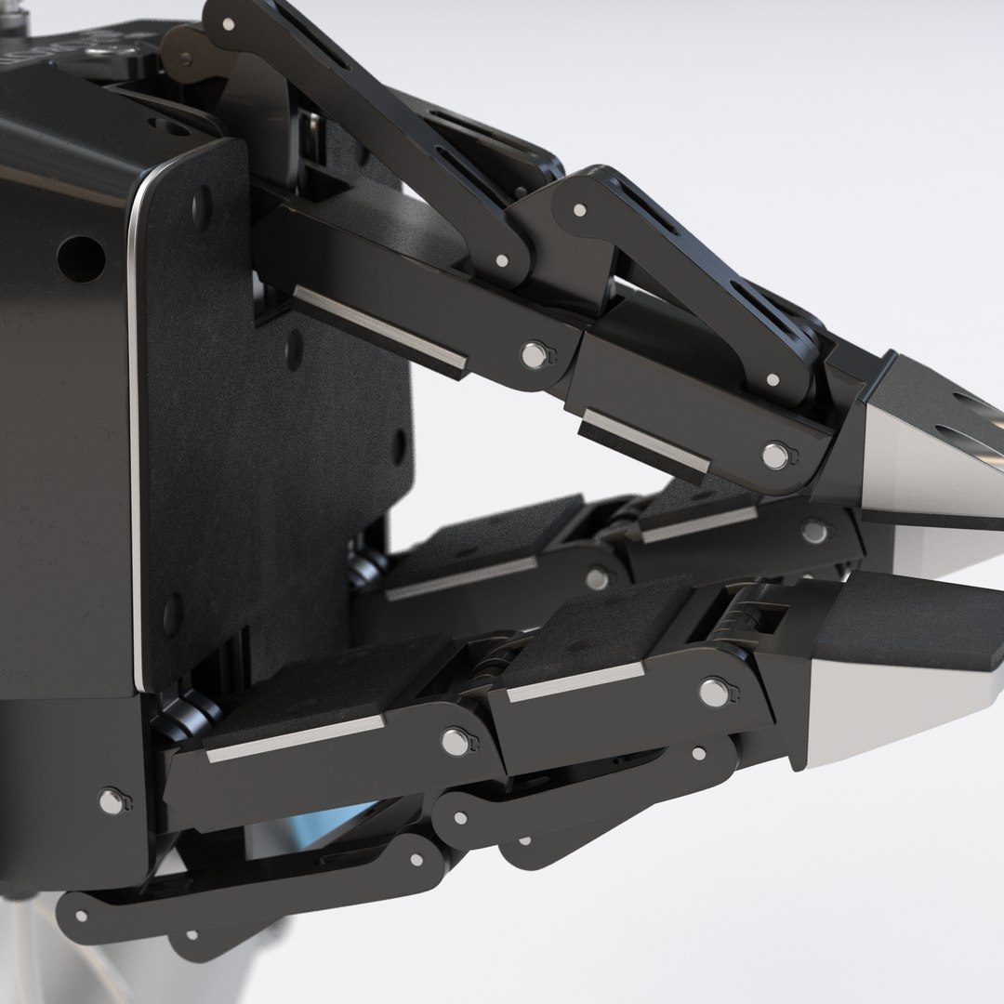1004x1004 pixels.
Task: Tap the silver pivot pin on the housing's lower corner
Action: click(112, 800)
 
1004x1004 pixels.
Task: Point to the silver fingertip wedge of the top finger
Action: click(916, 469)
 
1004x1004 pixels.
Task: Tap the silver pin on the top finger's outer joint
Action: click(774, 456)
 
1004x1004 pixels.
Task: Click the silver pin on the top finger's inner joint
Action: click(533, 354)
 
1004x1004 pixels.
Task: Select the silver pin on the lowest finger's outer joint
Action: click(713, 691)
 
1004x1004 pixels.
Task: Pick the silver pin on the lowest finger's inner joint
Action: click(455, 741)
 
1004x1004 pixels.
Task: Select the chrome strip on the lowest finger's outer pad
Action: click(576, 683)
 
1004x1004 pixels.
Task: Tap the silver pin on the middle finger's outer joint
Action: click(814, 532)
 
